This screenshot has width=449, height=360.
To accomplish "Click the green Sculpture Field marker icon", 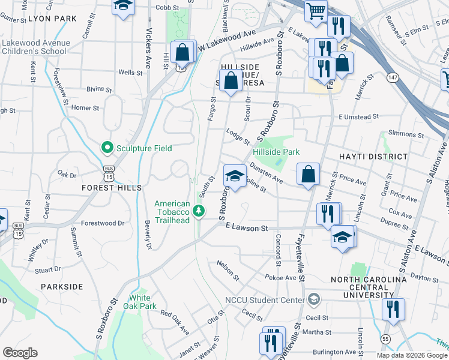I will tap(107, 147).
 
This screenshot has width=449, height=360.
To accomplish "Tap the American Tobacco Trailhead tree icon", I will tap(199, 211).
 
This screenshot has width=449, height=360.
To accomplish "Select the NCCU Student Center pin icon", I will tap(313, 299).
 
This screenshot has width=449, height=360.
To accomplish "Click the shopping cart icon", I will tap(315, 10).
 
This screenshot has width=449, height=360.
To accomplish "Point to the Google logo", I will tap(20, 352).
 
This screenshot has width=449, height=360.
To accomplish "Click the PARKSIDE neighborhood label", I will tap(62, 287).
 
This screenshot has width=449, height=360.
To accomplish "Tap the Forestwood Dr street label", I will tap(103, 223).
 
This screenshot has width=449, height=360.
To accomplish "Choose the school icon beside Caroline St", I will tap(235, 176).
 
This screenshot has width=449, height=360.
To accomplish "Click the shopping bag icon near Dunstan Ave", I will tap(308, 174).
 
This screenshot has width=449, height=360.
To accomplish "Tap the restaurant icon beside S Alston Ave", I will tap(393, 309).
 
